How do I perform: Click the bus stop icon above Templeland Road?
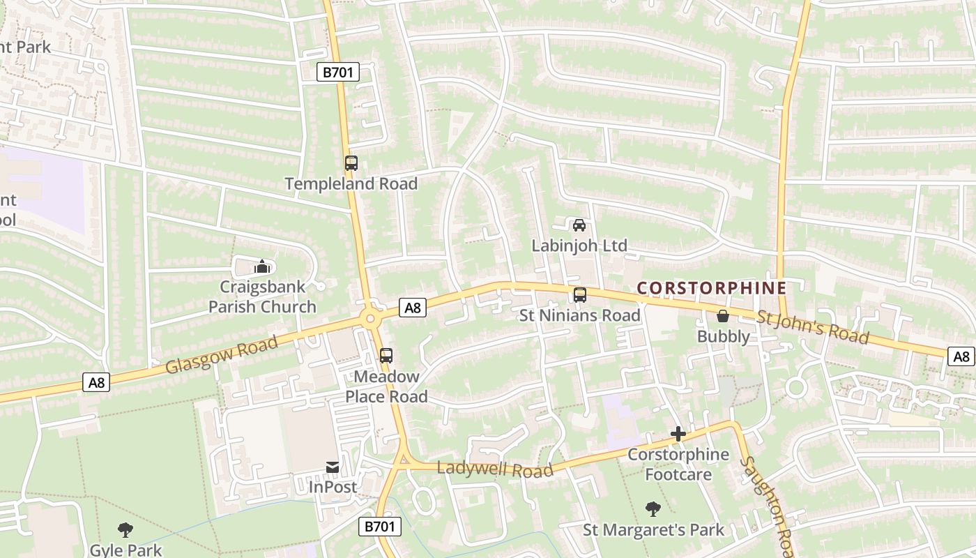coord(351,163)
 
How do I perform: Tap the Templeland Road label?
coord(351,184)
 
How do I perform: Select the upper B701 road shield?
coord(338,72)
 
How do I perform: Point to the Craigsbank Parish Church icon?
coord(262,266)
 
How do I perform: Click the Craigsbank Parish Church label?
coord(262,296)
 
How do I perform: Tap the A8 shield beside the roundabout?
coord(413,308)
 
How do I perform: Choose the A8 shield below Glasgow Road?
coord(97,382)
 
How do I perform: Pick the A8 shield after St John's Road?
coord(961,356)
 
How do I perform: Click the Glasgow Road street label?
coord(222,354)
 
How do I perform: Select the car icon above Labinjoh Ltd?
coord(579,225)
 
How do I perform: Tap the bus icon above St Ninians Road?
coord(580,294)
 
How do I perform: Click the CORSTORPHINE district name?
coord(712,288)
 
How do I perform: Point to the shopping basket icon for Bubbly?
coord(723,316)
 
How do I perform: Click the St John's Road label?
coord(813,328)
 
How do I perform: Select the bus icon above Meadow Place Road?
coord(386,355)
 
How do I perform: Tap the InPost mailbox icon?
coord(333,466)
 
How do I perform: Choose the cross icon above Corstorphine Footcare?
coord(678,434)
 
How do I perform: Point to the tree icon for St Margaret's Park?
coord(653,509)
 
